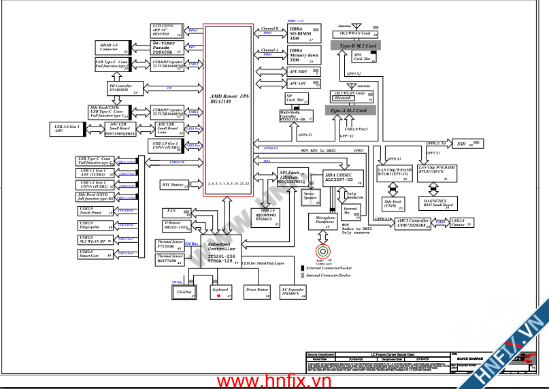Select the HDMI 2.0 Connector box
(x=111, y=47)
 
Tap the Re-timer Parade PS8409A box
(x=167, y=47)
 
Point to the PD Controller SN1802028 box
(x=120, y=88)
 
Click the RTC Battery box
(x=174, y=185)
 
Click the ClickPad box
(x=182, y=292)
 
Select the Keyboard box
(x=221, y=292)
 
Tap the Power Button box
(x=258, y=292)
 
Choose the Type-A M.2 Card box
(x=350, y=110)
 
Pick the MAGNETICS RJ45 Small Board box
(x=436, y=203)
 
